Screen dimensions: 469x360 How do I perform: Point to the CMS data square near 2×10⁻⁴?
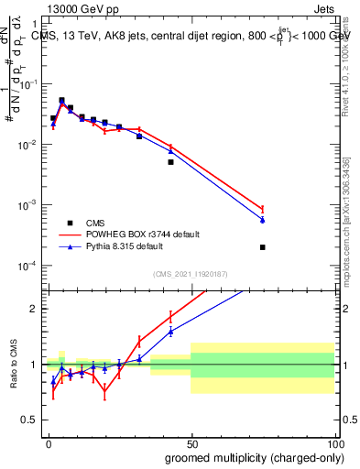(x=263, y=247)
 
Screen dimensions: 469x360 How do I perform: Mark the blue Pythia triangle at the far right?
(x=263, y=220)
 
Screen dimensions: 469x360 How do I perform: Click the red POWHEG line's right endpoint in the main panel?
(x=263, y=209)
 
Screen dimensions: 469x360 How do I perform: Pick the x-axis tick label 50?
(x=191, y=442)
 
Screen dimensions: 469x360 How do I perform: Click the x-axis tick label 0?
(x=49, y=442)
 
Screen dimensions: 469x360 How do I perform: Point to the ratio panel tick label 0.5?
(x=33, y=420)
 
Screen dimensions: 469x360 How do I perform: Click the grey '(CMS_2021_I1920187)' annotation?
(x=190, y=273)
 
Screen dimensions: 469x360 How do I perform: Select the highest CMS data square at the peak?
(x=61, y=101)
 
